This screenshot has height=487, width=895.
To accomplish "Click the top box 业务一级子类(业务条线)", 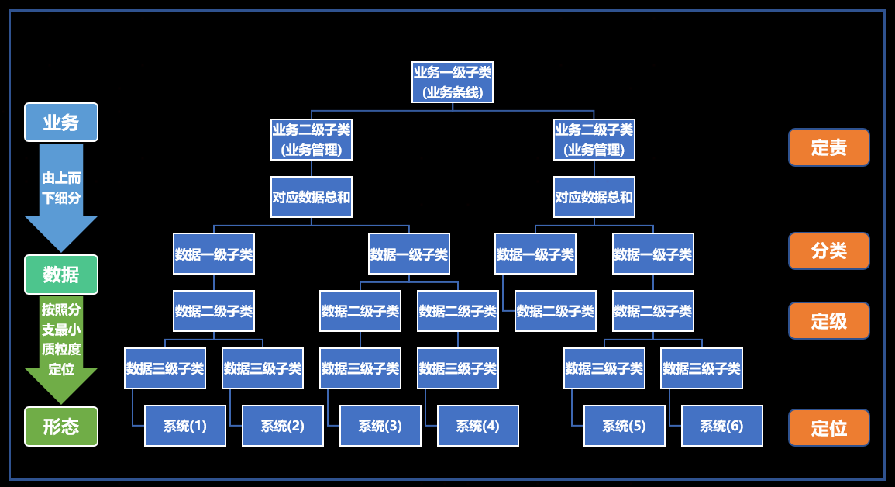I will coord(453,82).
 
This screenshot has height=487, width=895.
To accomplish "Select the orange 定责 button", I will coord(828,147).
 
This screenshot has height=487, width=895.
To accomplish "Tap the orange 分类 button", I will coord(828,251).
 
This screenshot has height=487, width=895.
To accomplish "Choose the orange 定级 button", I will coord(828,321).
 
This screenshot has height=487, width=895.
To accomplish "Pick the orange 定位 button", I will coord(828,427).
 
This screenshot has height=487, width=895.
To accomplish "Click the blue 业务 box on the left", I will coord(61,122).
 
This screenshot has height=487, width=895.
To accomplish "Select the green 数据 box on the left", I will coord(61,275).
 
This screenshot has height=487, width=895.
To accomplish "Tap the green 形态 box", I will coord(61,427).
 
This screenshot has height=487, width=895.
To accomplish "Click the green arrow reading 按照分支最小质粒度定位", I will coord(61,341).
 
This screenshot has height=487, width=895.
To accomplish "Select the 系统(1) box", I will coord(185,426).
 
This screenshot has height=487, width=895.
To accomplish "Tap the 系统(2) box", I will coord(282,426).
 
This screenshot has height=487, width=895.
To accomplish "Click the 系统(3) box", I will coord(380,426).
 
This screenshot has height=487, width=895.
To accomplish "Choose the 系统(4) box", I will coord(477,426).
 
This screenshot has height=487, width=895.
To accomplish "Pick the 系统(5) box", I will coord(624,426).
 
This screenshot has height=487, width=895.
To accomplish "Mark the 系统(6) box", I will coord(721,426).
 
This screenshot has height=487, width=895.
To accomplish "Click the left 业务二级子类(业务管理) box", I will coord(312,140).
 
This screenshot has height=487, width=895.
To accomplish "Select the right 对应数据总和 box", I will coord(594,197).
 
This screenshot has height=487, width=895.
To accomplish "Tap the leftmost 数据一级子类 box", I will coord(214,254).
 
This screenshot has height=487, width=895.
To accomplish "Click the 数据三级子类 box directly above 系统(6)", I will coord(701,368).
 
